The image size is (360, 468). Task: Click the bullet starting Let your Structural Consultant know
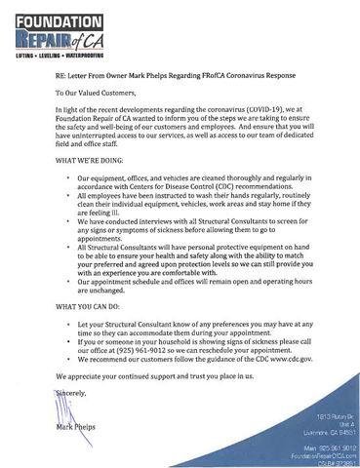click(184, 323)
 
